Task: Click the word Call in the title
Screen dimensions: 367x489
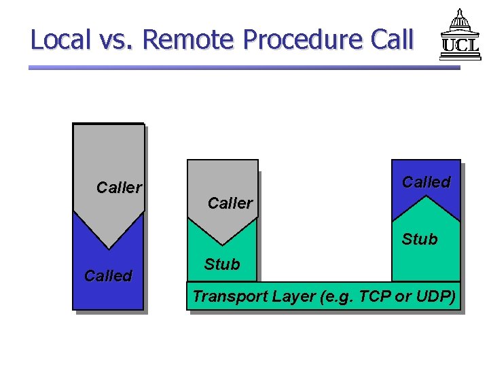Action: (393, 39)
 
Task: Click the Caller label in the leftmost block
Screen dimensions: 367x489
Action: (119, 188)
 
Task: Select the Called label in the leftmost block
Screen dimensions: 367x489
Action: (107, 275)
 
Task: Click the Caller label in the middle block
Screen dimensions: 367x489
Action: (230, 203)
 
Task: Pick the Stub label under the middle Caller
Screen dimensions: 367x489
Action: (222, 264)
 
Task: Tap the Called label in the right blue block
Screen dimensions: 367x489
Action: (426, 182)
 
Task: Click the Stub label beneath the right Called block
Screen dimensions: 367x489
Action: (419, 239)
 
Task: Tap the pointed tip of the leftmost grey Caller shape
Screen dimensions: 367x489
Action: (108, 248)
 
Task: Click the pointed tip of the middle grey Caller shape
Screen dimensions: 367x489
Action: (222, 244)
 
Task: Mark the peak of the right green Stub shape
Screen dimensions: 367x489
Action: (426, 196)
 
